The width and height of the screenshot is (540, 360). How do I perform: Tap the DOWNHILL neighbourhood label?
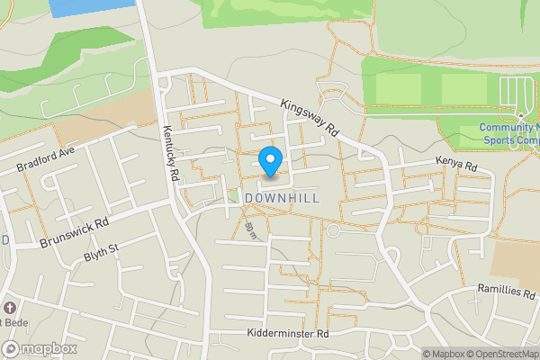pos(281,198)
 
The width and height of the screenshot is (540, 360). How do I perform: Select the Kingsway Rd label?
pos(309,118)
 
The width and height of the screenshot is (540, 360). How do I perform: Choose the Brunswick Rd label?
pos(74,233)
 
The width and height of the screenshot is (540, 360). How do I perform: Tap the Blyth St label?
pos(101,249)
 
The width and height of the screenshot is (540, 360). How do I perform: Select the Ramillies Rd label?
pos(505,293)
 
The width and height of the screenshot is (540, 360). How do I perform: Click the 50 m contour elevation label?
pos(251,231)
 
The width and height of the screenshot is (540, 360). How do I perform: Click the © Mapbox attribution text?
pos(444,354)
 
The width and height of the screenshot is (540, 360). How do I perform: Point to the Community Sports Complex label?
pos(510,134)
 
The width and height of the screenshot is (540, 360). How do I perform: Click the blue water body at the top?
pos(76,7)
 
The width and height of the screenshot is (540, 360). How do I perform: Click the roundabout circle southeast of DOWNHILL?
pos(332,231)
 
